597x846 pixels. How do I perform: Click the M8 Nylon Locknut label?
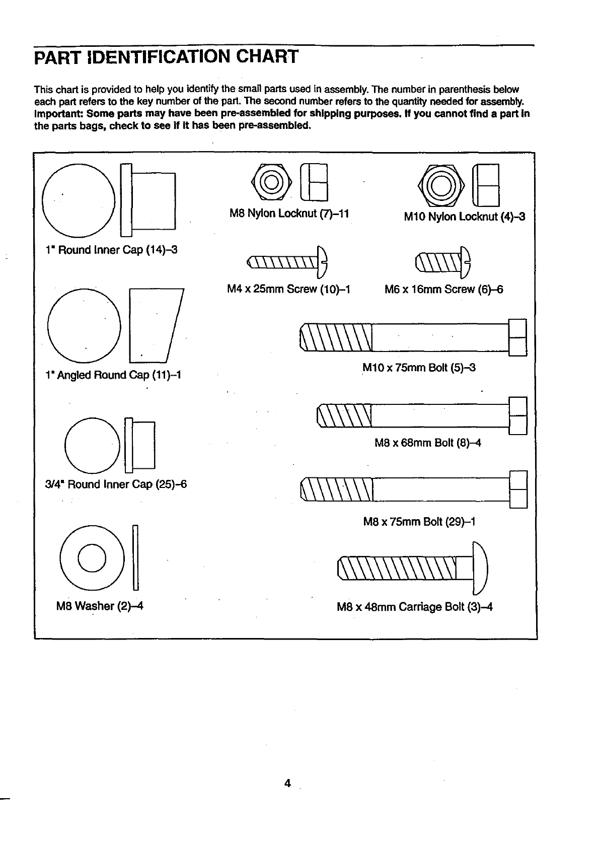289,214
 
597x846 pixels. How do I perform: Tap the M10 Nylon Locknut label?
464,217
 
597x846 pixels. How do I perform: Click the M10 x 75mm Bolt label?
419,368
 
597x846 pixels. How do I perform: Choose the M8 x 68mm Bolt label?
428,443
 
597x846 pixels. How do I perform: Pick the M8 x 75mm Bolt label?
419,522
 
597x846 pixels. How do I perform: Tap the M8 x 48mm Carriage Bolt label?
414,607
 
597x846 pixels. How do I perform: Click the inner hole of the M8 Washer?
92,558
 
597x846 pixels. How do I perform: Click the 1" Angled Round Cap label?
113,375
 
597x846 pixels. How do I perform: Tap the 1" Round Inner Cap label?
111,250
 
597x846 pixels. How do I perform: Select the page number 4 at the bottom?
287,784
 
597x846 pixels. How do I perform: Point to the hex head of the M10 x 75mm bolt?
518,337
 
